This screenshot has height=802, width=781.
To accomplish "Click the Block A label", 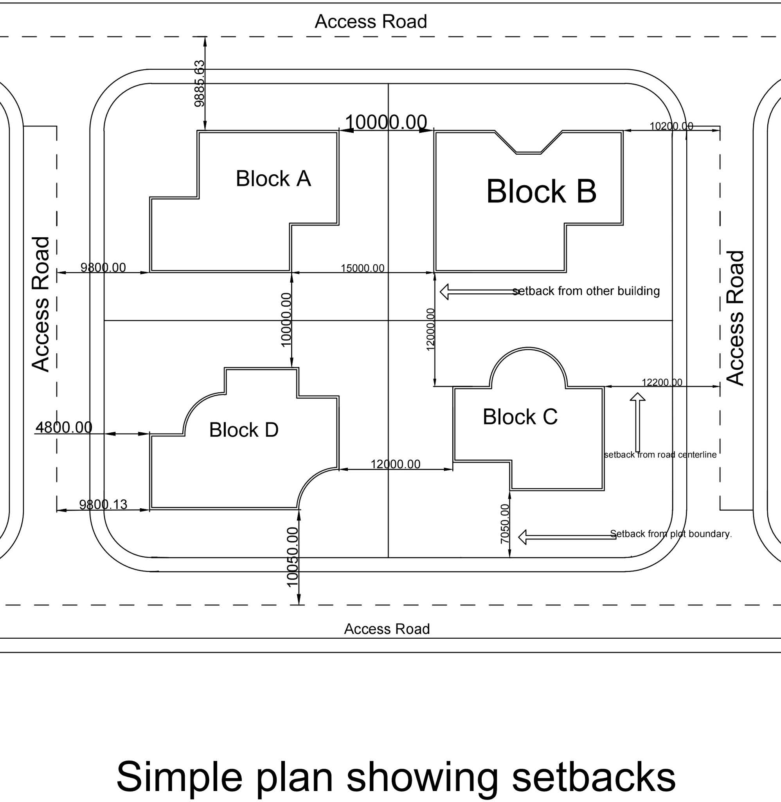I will (x=273, y=179).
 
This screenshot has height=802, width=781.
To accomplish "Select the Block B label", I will (x=541, y=191).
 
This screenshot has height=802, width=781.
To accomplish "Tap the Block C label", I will (x=520, y=417).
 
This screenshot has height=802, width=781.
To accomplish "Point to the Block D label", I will (x=244, y=430).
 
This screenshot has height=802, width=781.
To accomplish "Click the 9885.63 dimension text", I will (x=199, y=84).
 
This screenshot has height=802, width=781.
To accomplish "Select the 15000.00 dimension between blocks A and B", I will (x=363, y=268).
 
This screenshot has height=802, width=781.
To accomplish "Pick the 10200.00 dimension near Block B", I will (x=671, y=126).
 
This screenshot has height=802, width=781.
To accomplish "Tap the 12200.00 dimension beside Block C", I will (x=662, y=383).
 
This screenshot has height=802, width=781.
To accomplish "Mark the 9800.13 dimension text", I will (x=103, y=504).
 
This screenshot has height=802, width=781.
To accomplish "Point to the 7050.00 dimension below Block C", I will (x=505, y=524).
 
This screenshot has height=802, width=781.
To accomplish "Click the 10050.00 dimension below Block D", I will (x=292, y=557).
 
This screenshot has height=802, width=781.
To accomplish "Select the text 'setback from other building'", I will (x=586, y=291).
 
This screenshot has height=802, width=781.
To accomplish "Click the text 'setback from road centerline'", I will (x=660, y=455).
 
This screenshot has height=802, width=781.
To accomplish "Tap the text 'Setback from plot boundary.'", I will (x=671, y=534).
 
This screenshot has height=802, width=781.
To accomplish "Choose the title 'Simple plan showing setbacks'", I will (x=396, y=777).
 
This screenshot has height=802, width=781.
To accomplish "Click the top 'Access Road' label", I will (x=371, y=22).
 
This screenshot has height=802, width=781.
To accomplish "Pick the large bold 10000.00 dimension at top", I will (x=386, y=122).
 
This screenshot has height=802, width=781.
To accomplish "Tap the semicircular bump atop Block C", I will (x=528, y=365).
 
